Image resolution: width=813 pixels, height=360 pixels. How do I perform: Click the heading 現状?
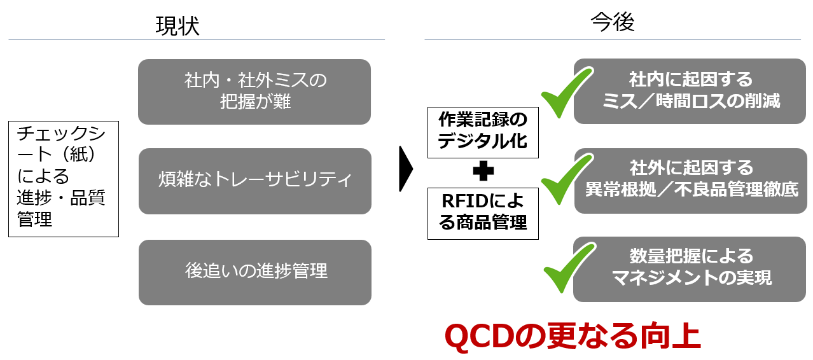point(177,26)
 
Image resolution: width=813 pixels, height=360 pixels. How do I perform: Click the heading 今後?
point(613,22)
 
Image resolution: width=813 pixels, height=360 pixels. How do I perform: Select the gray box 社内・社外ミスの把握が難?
point(254,92)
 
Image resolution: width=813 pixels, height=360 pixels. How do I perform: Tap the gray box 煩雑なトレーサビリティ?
point(255,181)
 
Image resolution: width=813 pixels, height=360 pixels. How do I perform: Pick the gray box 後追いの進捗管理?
point(255,272)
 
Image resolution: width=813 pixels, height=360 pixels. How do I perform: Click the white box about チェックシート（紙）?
point(64,179)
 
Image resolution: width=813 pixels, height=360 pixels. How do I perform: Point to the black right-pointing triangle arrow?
point(406,169)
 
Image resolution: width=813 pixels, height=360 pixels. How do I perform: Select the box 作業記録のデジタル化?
point(483,132)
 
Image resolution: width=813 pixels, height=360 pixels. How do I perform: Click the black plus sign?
point(483,171)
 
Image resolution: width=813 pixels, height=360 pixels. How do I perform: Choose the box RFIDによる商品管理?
point(483,213)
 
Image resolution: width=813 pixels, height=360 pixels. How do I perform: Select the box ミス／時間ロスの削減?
point(690,91)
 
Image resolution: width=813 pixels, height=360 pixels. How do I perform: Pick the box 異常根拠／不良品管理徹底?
point(690,181)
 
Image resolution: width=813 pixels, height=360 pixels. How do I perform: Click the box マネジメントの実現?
point(690,269)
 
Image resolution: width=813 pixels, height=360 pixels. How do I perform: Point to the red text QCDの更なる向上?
point(573,336)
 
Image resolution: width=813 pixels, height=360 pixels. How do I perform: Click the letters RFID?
point(462,201)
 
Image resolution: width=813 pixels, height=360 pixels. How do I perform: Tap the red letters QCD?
point(476,336)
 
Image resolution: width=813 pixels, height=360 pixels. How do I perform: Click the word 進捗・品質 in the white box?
point(60,198)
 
